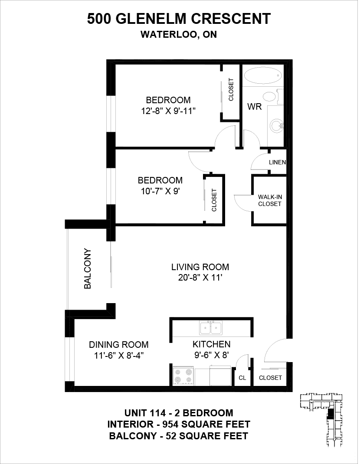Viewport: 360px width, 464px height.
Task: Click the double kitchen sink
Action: [211, 328]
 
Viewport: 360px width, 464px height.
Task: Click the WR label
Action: [255, 107]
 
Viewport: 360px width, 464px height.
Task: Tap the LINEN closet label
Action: [278, 162]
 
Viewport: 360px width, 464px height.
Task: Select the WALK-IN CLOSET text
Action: [269, 200]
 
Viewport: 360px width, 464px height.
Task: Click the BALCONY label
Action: [88, 268]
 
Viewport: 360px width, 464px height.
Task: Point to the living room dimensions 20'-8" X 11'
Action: [200, 278]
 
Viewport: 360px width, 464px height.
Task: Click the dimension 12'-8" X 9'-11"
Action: [168, 111]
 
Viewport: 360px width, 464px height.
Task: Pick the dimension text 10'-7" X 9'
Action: [161, 191]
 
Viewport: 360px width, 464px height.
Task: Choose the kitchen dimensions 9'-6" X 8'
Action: [211, 355]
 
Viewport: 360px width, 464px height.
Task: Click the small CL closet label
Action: [242, 378]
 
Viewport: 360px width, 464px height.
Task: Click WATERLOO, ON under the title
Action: [179, 35]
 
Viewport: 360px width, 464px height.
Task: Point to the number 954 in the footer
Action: [171, 425]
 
